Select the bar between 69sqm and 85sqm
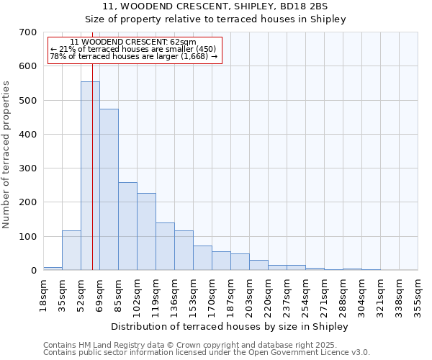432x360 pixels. tap(109, 190)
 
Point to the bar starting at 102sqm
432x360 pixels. tap(146, 232)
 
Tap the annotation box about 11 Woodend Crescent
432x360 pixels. tap(134, 50)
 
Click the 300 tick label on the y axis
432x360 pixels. tap(27, 168)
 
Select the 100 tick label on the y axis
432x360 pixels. tap(27, 237)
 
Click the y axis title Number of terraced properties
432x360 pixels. tap(6, 155)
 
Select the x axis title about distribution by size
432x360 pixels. tap(230, 327)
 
